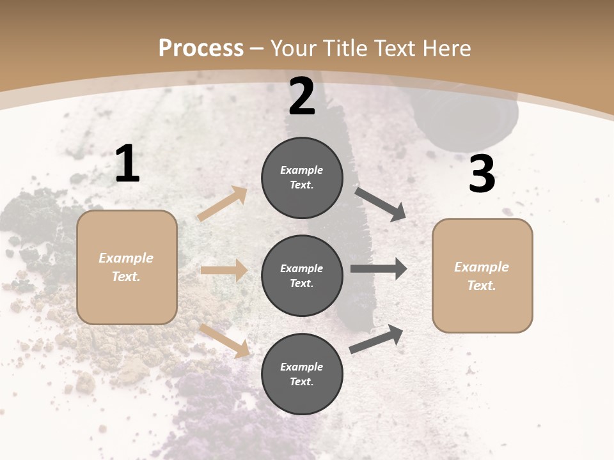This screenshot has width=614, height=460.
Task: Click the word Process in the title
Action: [201, 49]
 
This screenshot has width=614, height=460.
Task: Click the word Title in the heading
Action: [346, 49]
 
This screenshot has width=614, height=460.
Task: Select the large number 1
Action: [127, 164]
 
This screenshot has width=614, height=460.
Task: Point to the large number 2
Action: [302, 97]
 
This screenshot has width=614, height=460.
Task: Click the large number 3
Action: [482, 174]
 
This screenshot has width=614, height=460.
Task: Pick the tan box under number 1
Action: [127, 267]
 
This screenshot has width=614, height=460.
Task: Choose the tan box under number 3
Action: [482, 275]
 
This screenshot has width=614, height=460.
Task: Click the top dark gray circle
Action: [302, 178]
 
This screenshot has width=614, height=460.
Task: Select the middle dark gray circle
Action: [302, 275]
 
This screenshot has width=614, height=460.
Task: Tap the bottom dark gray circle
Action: [302, 374]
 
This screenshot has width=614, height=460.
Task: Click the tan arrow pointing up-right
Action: [223, 204]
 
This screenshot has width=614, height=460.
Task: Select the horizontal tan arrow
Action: [224, 270]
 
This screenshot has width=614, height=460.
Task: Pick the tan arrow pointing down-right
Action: [225, 341]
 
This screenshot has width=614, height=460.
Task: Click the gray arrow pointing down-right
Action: [381, 204]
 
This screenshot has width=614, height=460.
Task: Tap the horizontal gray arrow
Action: [379, 269]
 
